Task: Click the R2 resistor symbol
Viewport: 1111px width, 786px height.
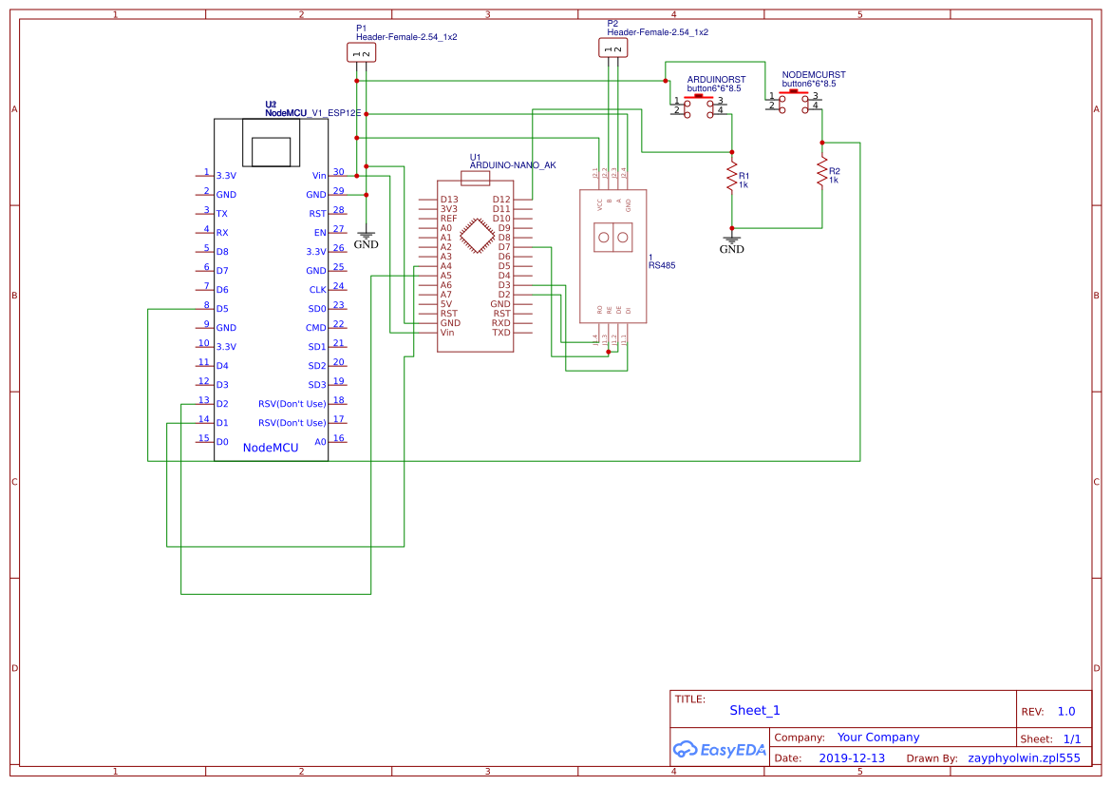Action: coord(822,171)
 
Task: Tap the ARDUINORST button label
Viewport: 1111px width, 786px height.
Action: coord(716,79)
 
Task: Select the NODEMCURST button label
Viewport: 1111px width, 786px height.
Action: coord(813,74)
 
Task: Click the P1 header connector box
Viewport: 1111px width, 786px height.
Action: coord(361,53)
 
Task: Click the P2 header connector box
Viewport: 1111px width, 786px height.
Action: coord(612,48)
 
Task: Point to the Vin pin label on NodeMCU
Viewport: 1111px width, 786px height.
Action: coord(319,176)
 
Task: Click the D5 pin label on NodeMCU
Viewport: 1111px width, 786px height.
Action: coord(222,309)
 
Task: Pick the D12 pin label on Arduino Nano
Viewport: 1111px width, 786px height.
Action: coord(501,200)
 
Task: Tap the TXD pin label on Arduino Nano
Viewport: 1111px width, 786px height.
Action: coord(501,333)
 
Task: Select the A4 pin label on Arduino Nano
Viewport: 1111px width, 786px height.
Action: coord(446,266)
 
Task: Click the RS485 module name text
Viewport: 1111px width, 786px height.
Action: coord(662,266)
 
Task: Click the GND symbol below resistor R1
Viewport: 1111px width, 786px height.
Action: coord(731,242)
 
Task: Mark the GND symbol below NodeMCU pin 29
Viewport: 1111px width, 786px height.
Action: coord(366,239)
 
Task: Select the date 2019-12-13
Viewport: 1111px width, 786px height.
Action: coord(851,758)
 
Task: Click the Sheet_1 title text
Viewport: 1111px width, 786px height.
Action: coord(755,710)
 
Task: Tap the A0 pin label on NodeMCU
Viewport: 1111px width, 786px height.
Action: coord(320,442)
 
